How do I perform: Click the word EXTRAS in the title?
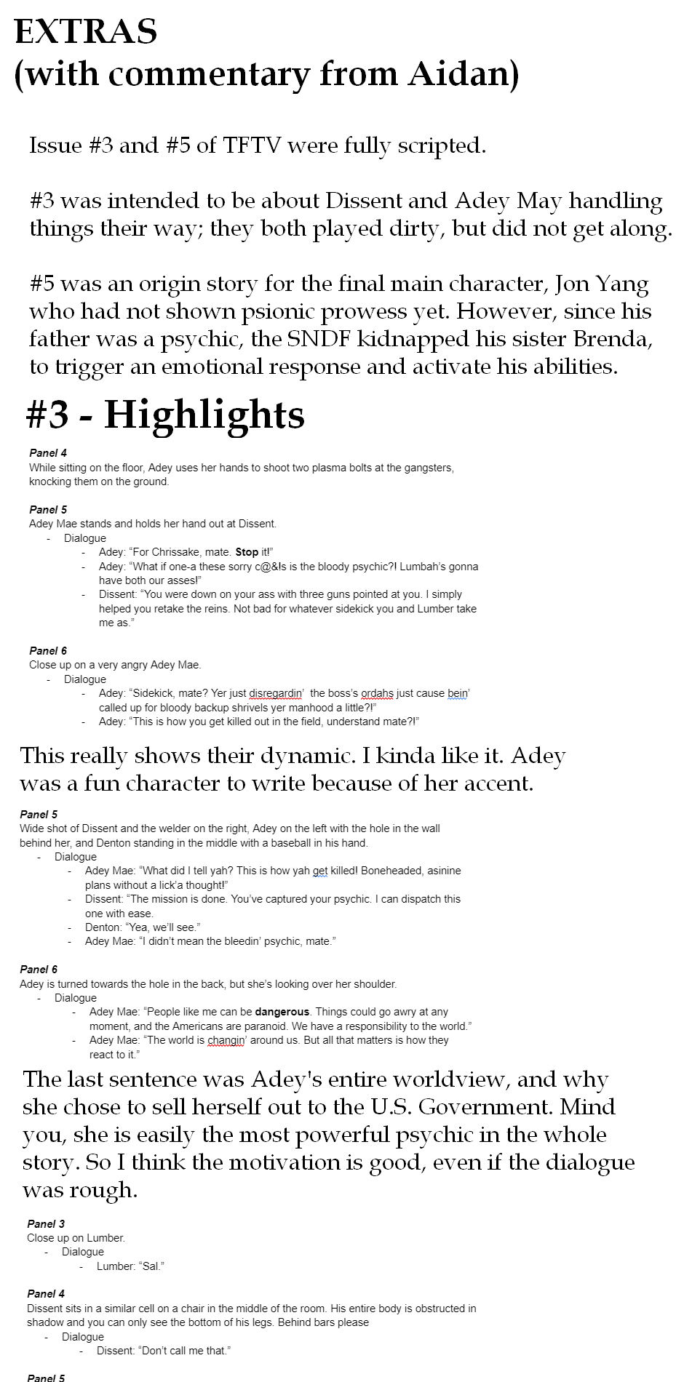[86, 31]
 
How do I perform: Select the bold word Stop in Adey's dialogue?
[247, 552]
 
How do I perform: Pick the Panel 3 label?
[46, 1224]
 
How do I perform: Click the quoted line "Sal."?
[151, 1266]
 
